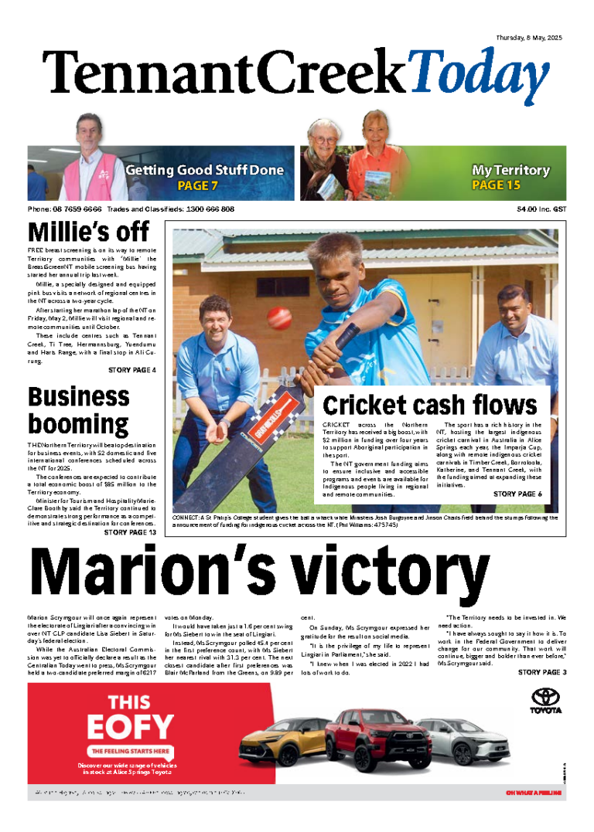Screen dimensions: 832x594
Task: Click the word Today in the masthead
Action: pyautogui.click(x=478, y=76)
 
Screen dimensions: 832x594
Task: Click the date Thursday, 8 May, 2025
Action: pyautogui.click(x=528, y=38)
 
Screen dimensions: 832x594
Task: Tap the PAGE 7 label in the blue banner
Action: pyautogui.click(x=198, y=185)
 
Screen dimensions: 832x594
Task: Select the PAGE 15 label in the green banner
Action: pyautogui.click(x=496, y=185)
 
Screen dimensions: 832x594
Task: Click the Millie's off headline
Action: pyautogui.click(x=88, y=232)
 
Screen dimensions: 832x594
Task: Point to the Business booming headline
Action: pyautogui.click(x=78, y=411)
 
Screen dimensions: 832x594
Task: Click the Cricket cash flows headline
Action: pyautogui.click(x=429, y=405)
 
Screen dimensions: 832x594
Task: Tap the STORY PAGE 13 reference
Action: pyautogui.click(x=130, y=532)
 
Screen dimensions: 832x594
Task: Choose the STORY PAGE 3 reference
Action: pyautogui.click(x=542, y=673)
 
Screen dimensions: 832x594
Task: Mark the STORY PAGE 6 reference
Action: pyautogui.click(x=517, y=494)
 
